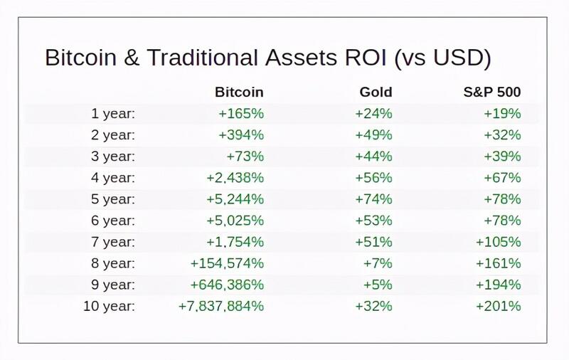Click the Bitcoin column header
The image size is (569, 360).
[239, 92]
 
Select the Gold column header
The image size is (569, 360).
[376, 92]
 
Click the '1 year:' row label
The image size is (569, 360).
[113, 113]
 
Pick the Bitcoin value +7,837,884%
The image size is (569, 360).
[221, 306]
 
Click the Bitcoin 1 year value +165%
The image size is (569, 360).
[242, 113]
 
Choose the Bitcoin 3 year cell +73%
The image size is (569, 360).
[245, 156]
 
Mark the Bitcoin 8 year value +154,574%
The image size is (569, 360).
[227, 263]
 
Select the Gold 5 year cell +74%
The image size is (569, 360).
[375, 198]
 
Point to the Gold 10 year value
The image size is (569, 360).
[375, 306]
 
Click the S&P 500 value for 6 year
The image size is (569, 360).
[504, 221]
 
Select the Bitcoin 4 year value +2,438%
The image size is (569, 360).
[235, 177]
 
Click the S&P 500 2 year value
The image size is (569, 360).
[504, 134]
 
